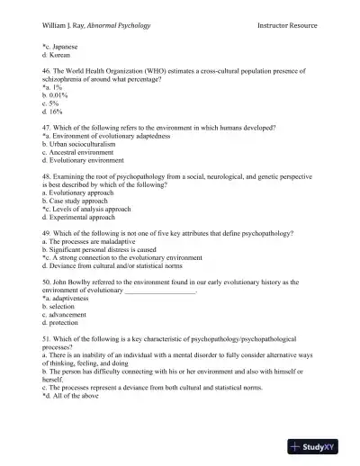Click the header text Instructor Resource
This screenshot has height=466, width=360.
pyautogui.click(x=292, y=24)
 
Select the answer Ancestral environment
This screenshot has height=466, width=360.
pyautogui.click(x=80, y=154)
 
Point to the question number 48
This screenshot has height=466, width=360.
pyautogui.click(x=47, y=177)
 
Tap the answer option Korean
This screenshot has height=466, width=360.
pyautogui.click(x=58, y=56)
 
